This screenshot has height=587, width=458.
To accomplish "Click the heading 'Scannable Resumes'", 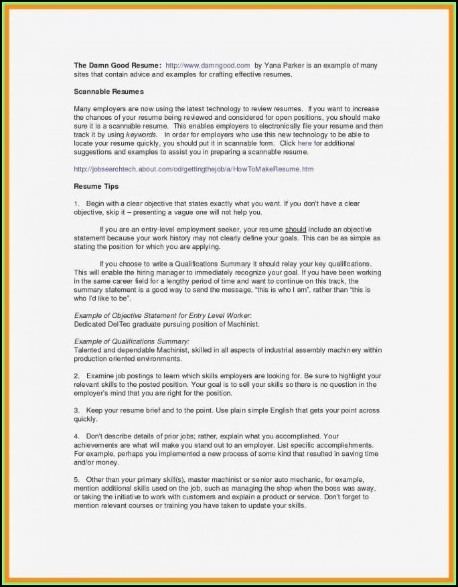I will click(108, 91).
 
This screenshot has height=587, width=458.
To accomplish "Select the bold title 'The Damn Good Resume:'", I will click(117, 66).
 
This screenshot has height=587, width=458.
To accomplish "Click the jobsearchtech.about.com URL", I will click(193, 169).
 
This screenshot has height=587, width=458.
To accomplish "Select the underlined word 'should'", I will click(295, 230).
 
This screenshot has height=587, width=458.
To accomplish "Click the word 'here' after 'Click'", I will click(305, 143).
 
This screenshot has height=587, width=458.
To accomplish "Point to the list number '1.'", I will click(77, 203).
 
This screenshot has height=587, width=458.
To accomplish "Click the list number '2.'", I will click(77, 376).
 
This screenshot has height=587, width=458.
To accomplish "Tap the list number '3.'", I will click(77, 410).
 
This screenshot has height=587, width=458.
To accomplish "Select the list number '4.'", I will click(77, 436).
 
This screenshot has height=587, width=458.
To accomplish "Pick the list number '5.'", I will click(77, 480).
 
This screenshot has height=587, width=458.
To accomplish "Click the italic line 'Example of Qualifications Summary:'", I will click(131, 341).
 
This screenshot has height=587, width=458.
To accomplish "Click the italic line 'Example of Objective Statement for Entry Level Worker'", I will click(162, 315).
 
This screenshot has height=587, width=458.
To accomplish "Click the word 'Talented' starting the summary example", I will click(88, 350).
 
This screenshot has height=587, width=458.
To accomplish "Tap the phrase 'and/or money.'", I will click(96, 463).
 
